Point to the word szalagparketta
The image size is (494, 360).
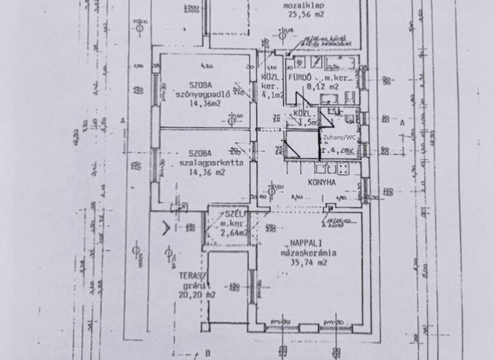tap(202, 163)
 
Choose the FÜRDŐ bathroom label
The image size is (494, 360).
tap(300, 77)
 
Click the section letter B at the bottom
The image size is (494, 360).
tap(208, 353)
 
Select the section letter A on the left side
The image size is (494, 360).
tap(122, 120)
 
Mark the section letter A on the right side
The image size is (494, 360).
tap(402, 121)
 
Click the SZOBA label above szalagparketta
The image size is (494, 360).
tap(201, 153)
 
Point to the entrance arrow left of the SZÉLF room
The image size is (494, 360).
tap(166, 226)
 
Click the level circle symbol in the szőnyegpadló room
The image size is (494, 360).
tap(232, 117)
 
